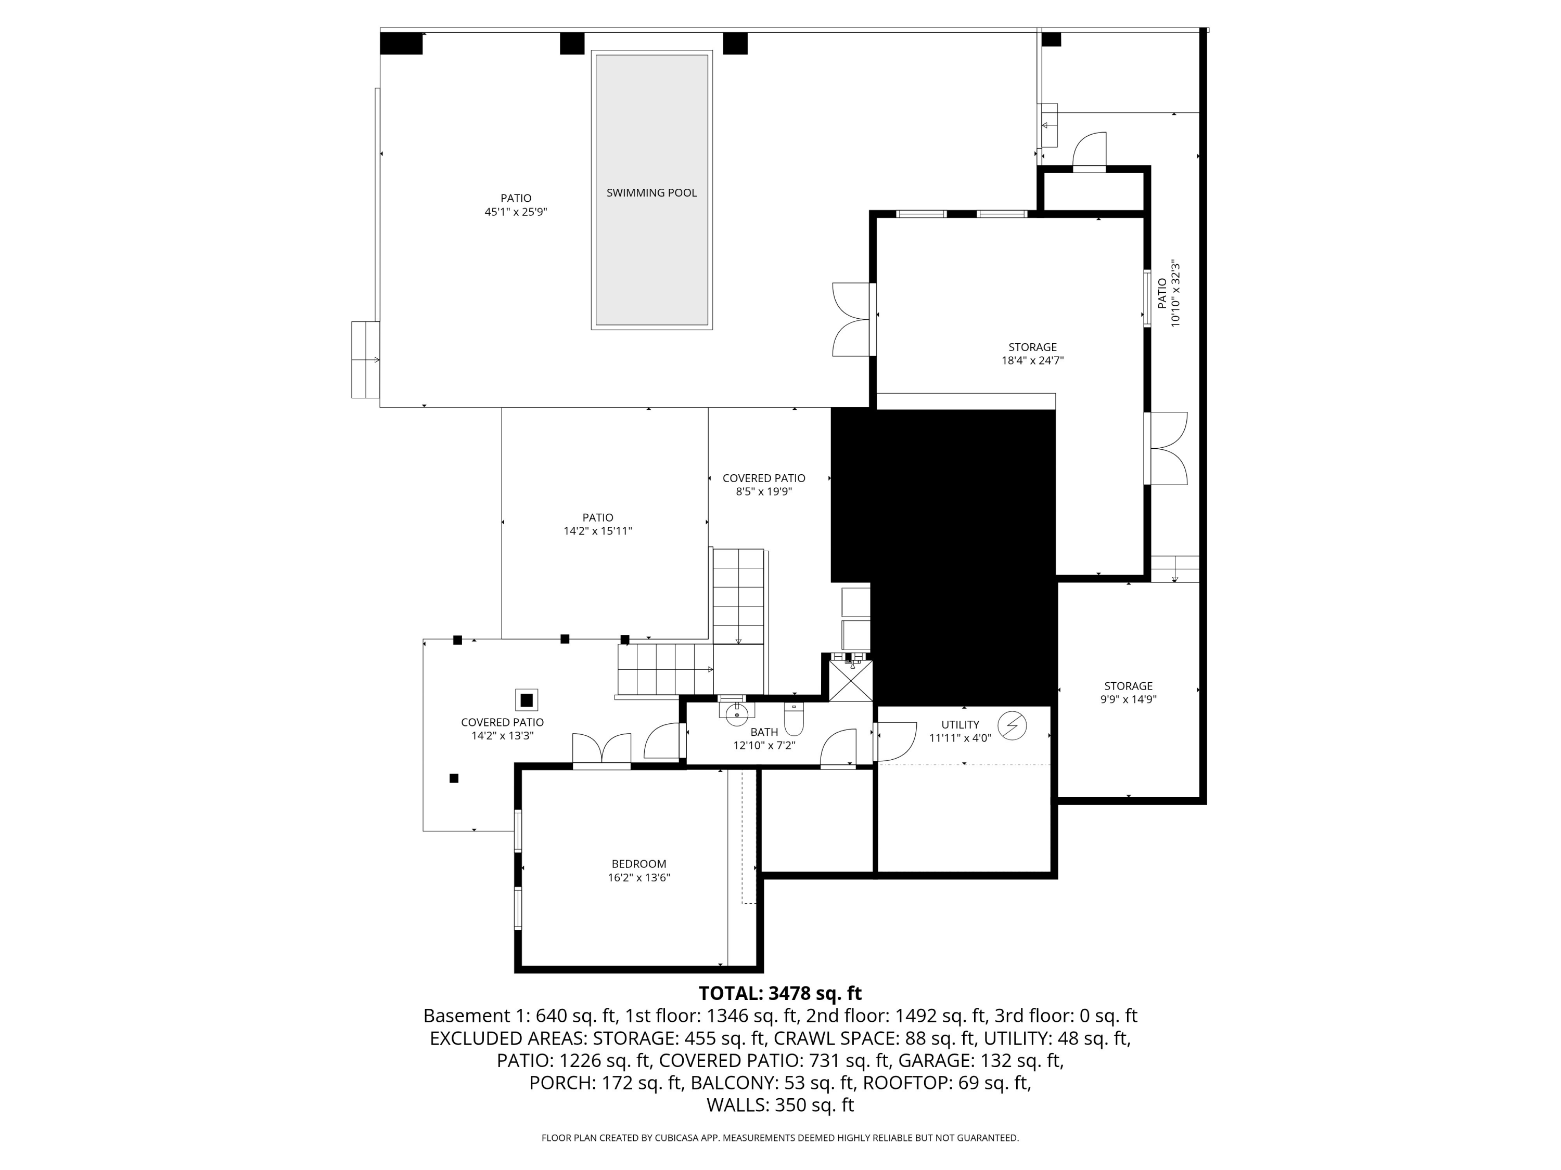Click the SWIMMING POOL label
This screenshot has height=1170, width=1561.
tap(651, 192)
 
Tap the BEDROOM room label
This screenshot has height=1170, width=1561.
tap(638, 864)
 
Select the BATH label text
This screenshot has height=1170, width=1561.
tap(764, 732)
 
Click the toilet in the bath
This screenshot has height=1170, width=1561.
tap(794, 718)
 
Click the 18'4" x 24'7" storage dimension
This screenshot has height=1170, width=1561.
tap(1032, 360)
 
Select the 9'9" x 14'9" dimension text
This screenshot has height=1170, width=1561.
tap(1129, 699)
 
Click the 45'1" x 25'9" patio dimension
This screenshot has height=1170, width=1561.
tap(516, 212)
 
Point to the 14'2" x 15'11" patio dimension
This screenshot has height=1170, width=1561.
tap(598, 531)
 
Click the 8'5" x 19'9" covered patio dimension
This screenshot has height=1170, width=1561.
tap(764, 491)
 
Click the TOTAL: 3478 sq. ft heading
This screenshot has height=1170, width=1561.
tap(780, 993)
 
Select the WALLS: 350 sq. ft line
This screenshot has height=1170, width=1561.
tap(780, 1104)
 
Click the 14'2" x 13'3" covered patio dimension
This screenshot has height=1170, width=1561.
tap(503, 736)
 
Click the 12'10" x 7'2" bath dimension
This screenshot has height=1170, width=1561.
tap(764, 746)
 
